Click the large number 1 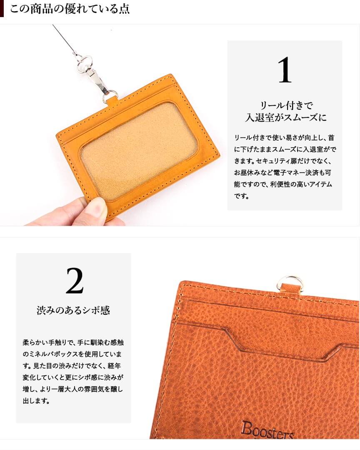tap(285, 70)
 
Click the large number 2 tap(75, 281)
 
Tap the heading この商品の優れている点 tap(70, 9)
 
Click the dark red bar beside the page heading tap(2, 8)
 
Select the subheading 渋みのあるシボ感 tap(73, 310)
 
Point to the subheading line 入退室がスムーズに tap(285, 118)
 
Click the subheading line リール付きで tap(286, 106)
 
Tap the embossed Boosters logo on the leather tap(267, 430)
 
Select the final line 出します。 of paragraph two tap(36, 400)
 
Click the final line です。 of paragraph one tap(241, 196)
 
